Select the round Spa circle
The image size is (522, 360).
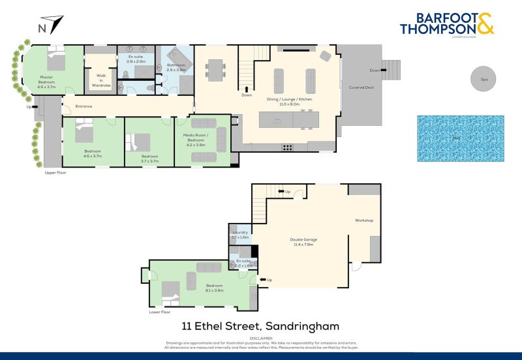tap(484, 80)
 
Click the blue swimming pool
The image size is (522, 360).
tap(461, 138)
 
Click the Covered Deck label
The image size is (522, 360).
tap(361, 87)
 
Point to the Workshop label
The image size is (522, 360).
tap(364, 220)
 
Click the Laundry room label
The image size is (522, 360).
tap(239, 233)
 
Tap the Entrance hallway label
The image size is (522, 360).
tap(84, 106)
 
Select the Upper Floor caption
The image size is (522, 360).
tap(55, 173)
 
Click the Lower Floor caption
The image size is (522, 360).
tap(160, 312)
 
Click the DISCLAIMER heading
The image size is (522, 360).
tap(260, 338)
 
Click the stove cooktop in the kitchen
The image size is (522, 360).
tap(286, 147)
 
